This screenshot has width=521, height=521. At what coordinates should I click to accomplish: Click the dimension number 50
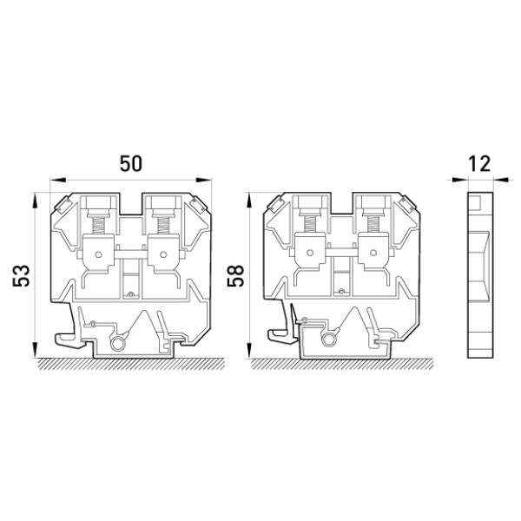[131, 163]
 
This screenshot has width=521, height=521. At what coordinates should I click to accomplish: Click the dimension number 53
[21, 275]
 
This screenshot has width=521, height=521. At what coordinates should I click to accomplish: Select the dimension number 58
[235, 275]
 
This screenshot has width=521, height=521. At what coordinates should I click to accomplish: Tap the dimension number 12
[479, 163]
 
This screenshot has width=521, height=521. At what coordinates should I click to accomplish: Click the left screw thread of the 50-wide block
[98, 225]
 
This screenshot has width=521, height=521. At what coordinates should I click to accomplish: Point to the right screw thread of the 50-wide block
[162, 225]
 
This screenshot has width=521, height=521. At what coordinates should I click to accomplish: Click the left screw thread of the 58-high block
[310, 224]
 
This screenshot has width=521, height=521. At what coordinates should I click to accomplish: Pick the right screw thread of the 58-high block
[373, 224]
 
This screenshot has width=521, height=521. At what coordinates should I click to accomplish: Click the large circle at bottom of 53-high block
[117, 344]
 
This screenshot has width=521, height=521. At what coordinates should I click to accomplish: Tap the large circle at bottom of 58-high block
[328, 340]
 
